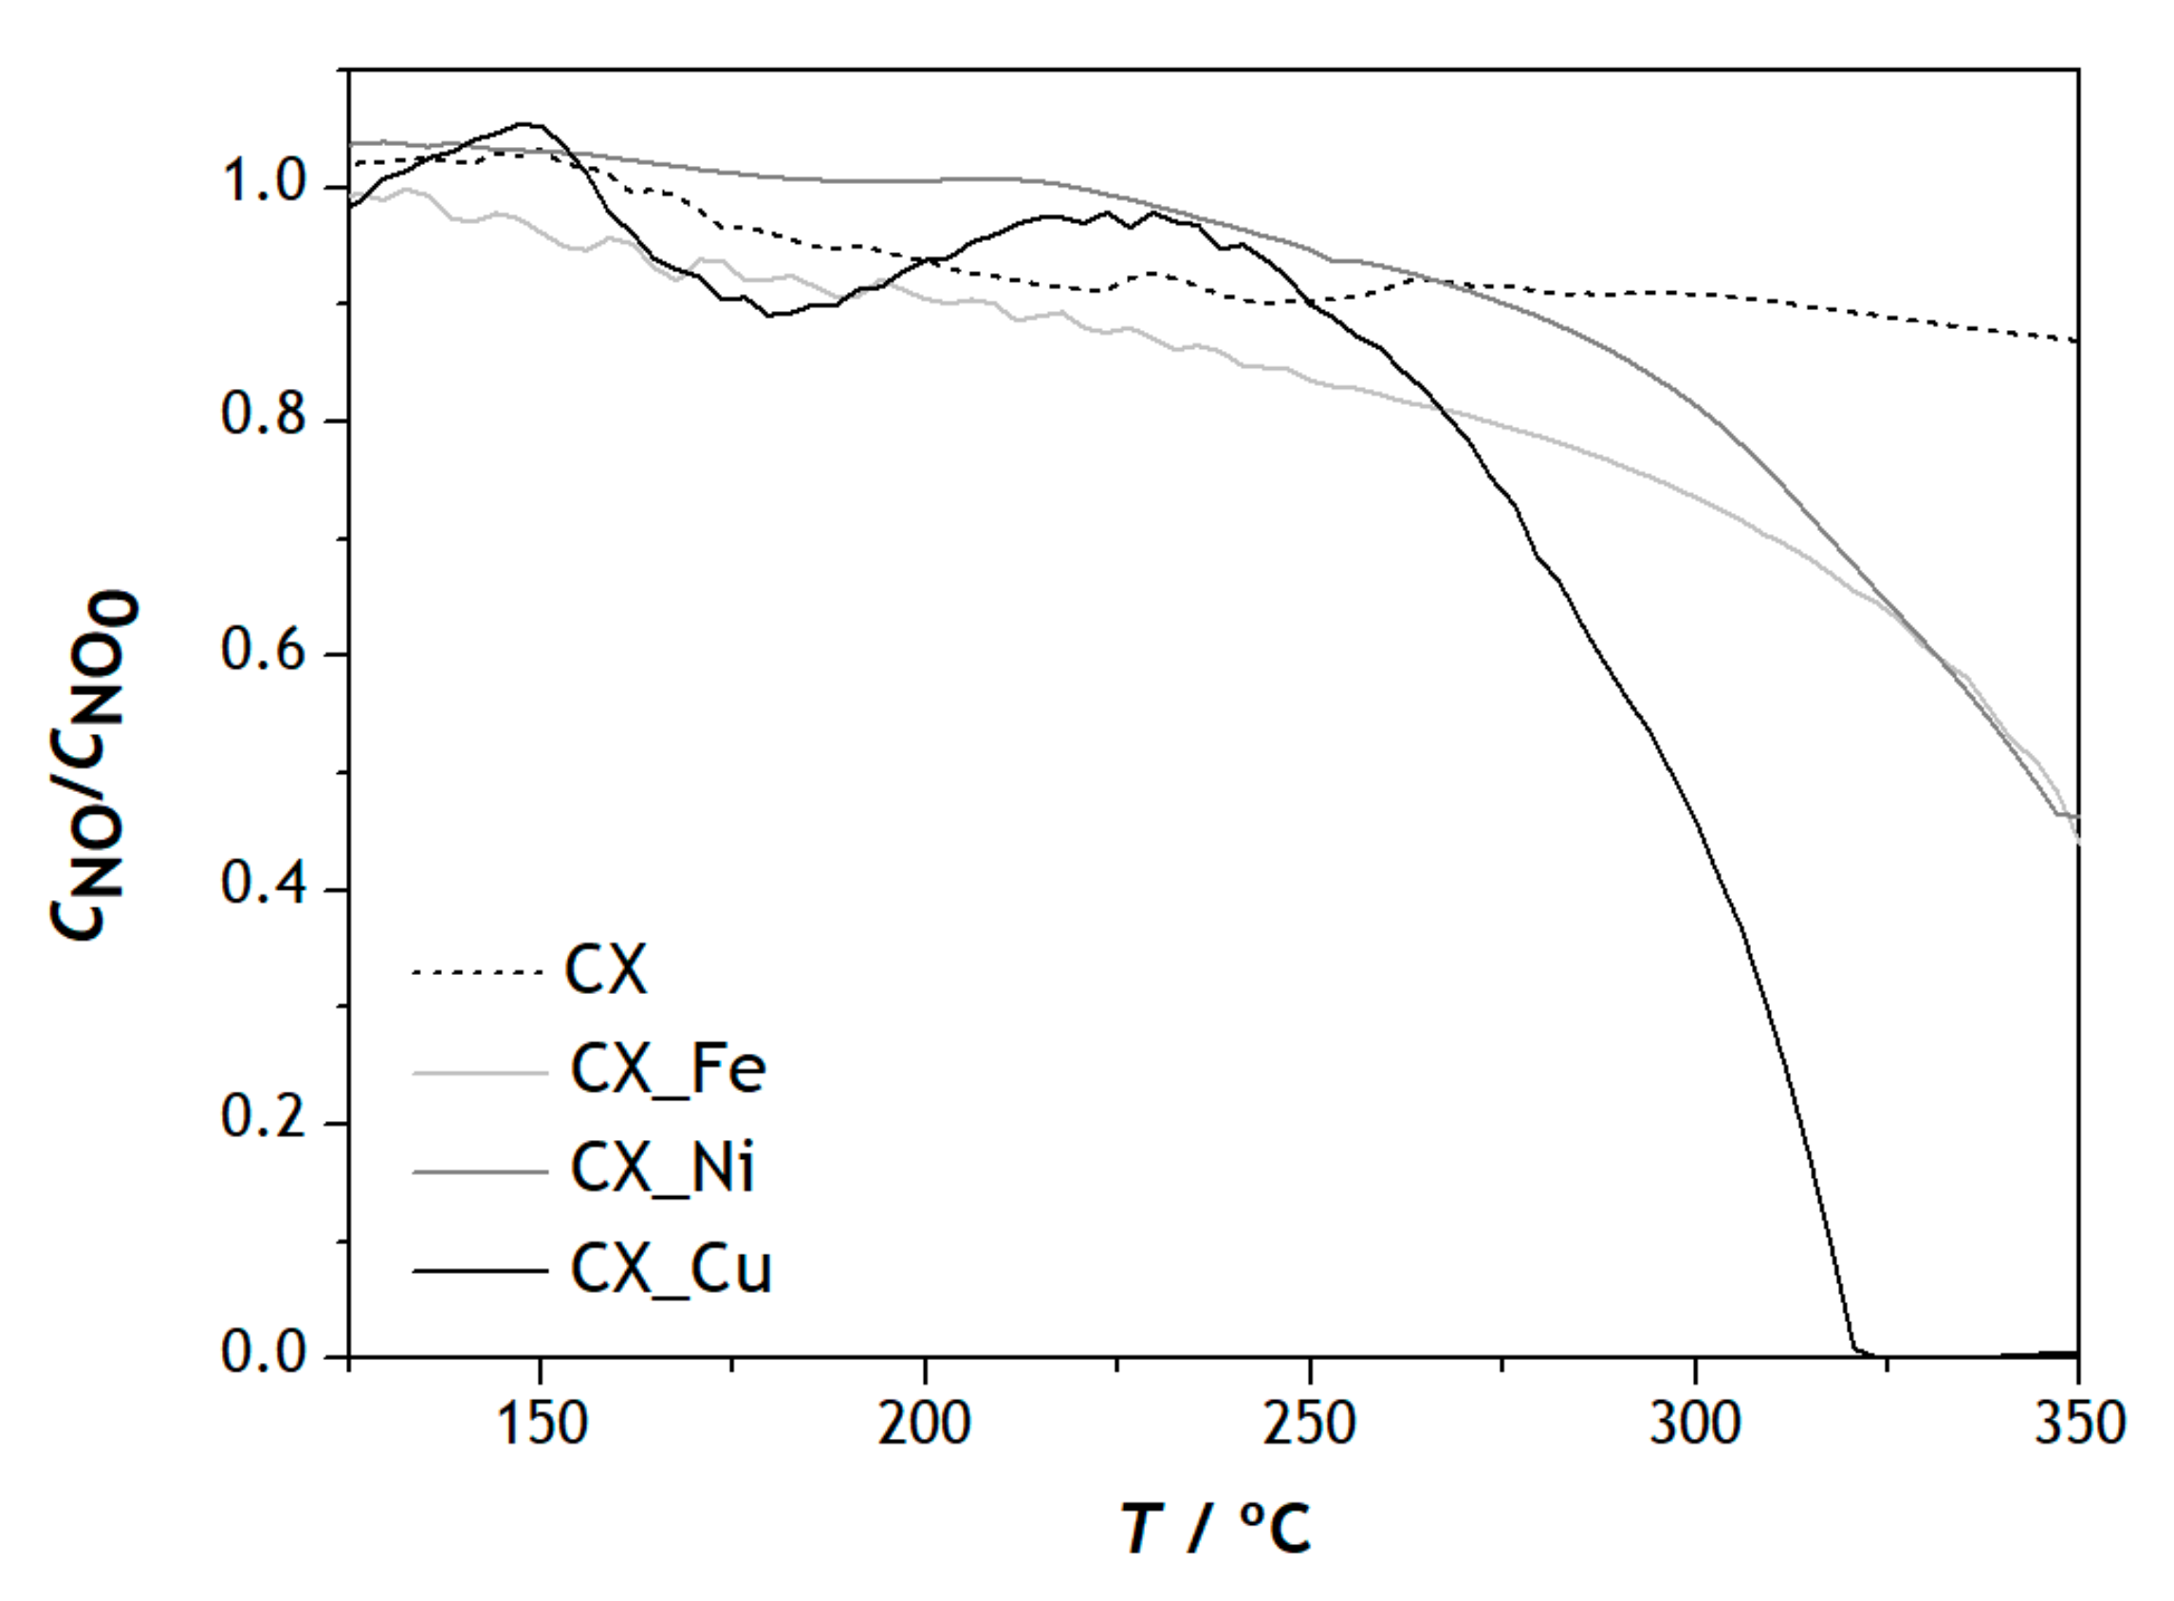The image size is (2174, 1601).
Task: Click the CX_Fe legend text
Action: (668, 1070)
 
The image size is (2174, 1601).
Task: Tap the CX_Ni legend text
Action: (662, 1169)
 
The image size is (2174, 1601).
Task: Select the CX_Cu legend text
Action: (671, 1269)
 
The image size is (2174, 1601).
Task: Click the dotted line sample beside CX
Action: (478, 972)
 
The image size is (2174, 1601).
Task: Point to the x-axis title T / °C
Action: (1216, 1530)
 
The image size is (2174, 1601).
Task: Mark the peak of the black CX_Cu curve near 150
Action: (526, 124)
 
